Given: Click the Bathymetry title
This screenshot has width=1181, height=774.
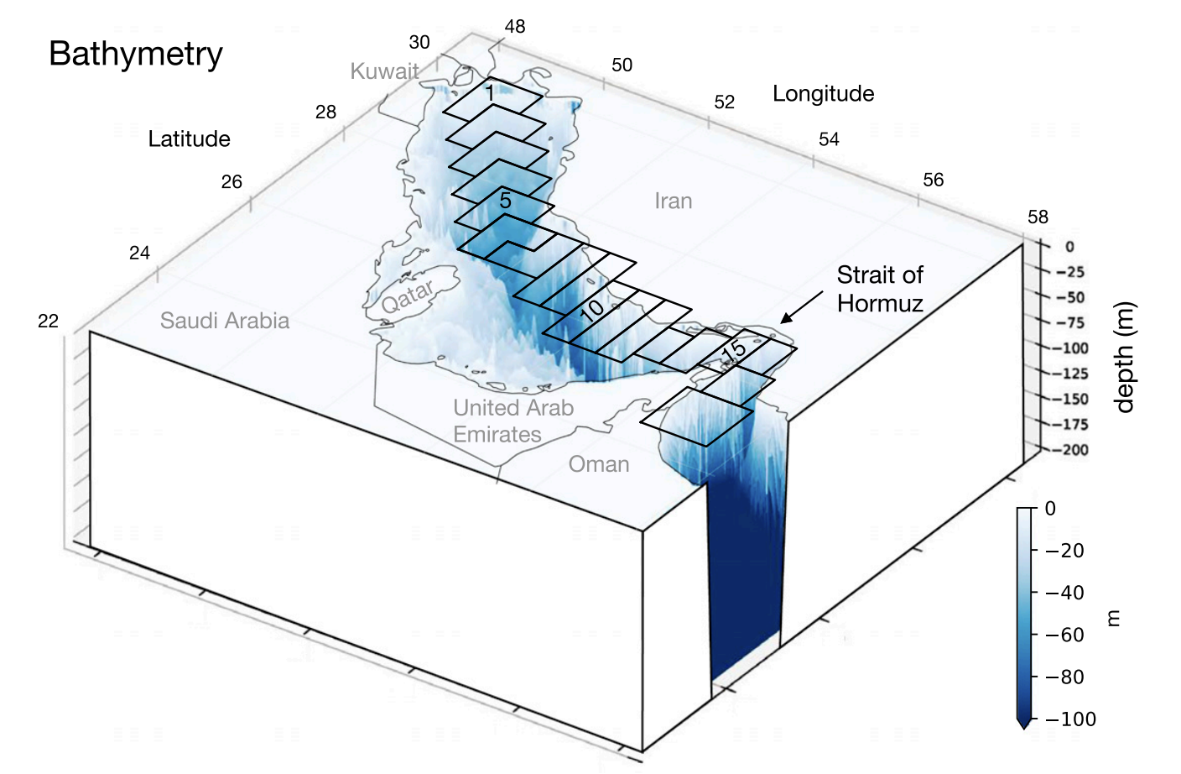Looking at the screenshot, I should tap(136, 54).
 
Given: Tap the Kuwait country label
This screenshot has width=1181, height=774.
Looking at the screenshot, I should tap(384, 71).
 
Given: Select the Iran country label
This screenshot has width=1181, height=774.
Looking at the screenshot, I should tap(674, 201).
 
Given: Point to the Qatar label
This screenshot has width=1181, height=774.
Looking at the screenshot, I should tap(408, 296).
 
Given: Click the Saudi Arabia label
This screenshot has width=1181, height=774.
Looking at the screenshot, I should tap(225, 321).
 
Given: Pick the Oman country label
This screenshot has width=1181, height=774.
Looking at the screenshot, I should tap(599, 464).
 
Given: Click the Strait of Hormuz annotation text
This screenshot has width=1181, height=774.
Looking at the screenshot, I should tap(880, 289).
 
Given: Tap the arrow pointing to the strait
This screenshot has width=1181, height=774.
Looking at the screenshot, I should tap(800, 307).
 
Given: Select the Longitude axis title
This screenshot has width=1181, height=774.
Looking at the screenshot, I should tap(823, 94).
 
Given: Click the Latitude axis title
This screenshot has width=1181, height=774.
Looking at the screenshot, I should tap(189, 139).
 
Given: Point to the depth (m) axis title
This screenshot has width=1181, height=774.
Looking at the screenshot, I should tap(1124, 357).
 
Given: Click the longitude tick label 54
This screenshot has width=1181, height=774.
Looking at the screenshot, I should tap(829, 139).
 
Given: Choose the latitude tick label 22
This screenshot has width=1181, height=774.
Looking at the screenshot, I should tap(49, 321).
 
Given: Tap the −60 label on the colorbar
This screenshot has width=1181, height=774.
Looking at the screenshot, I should tap(1065, 635).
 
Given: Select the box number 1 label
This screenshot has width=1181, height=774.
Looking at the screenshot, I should tap(491, 94).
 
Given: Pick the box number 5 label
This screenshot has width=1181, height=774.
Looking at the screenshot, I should tap(505, 201).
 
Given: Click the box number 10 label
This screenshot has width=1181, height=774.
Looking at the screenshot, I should tap(592, 310).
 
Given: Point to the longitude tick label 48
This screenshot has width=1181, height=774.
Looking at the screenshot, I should tap(515, 27).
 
